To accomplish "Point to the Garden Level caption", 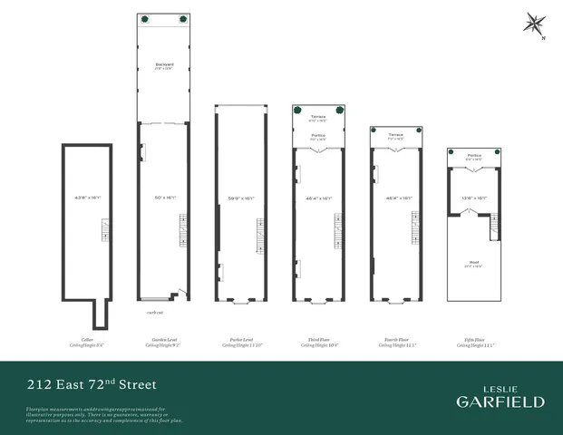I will (x=163, y=342).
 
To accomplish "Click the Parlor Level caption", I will (x=241, y=342).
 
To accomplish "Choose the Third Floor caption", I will (x=318, y=342).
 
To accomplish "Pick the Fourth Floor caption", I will (x=396, y=342).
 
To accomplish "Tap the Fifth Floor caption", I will (x=474, y=342).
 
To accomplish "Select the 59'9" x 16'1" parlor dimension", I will (x=241, y=198).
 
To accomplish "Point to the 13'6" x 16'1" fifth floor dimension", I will (x=474, y=198).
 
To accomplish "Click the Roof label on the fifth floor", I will (x=474, y=263).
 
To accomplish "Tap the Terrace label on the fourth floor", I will (x=396, y=135).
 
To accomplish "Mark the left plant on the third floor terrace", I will (x=298, y=110).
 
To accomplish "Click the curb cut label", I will (x=156, y=312).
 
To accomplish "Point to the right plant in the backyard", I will (x=183, y=18).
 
